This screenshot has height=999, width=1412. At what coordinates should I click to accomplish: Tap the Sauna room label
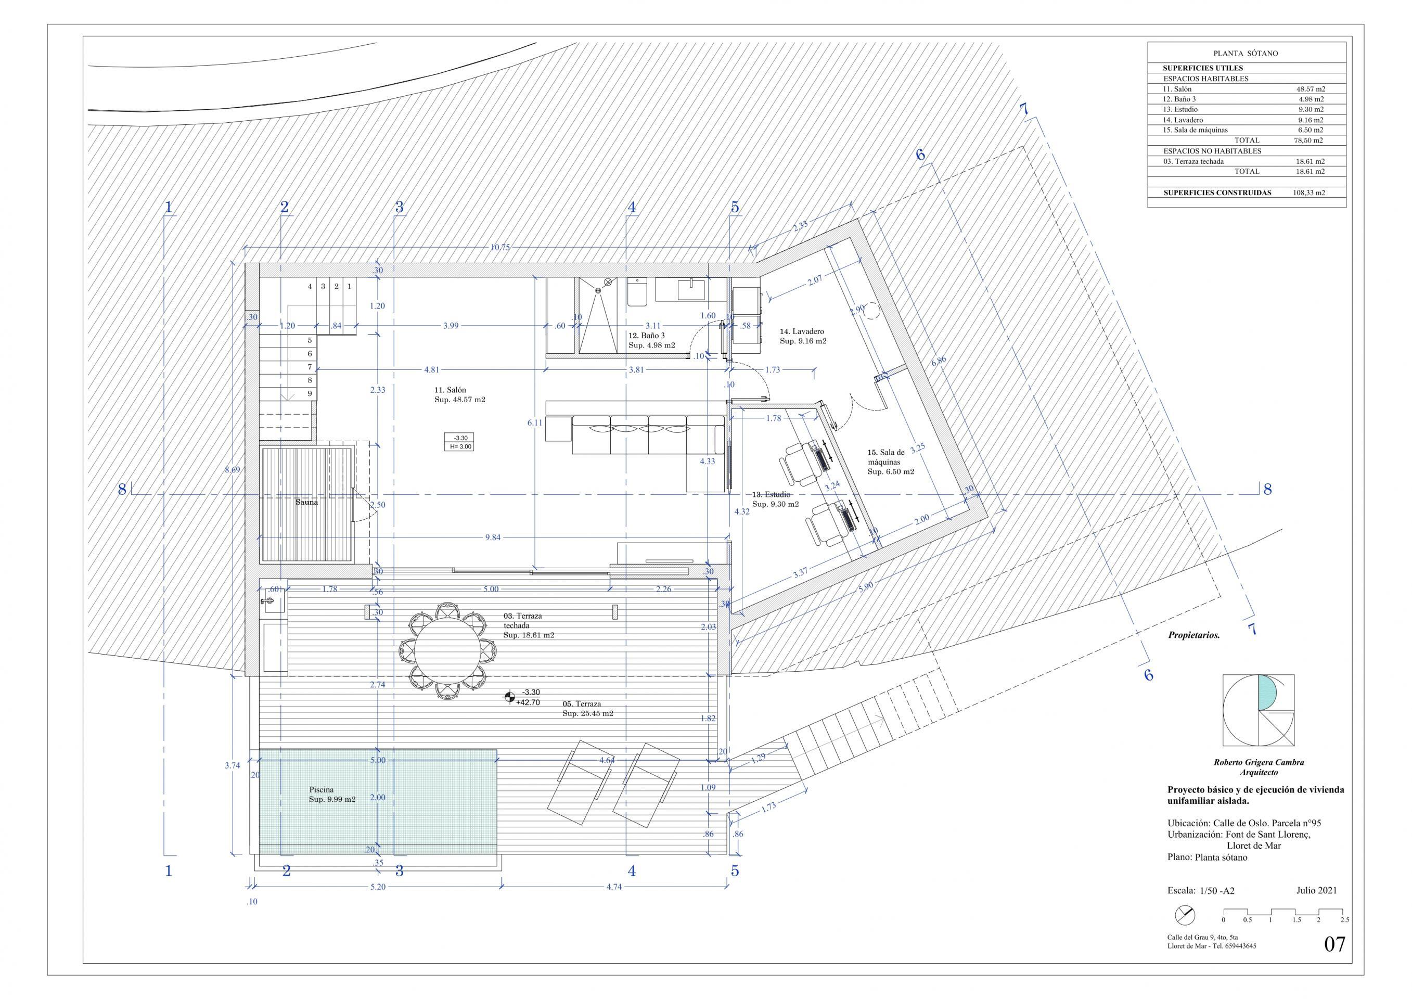pyautogui.click(x=307, y=502)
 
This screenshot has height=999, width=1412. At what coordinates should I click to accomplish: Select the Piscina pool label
pyautogui.click(x=321, y=789)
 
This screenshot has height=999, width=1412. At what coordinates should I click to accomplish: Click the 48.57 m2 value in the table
pyautogui.click(x=1310, y=88)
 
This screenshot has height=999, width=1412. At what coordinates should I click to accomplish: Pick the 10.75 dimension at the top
pyautogui.click(x=499, y=248)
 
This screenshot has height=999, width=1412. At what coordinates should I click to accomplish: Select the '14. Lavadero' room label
pyautogui.click(x=802, y=331)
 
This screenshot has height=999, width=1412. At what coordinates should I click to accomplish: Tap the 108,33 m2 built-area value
pyautogui.click(x=1310, y=193)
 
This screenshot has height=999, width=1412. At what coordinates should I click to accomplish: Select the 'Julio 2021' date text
pyautogui.click(x=1316, y=907)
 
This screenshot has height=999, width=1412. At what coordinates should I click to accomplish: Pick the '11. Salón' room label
pyautogui.click(x=450, y=390)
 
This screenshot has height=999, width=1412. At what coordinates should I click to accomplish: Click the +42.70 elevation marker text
pyautogui.click(x=528, y=702)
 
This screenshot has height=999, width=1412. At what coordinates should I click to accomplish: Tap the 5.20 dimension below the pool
pyautogui.click(x=378, y=888)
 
